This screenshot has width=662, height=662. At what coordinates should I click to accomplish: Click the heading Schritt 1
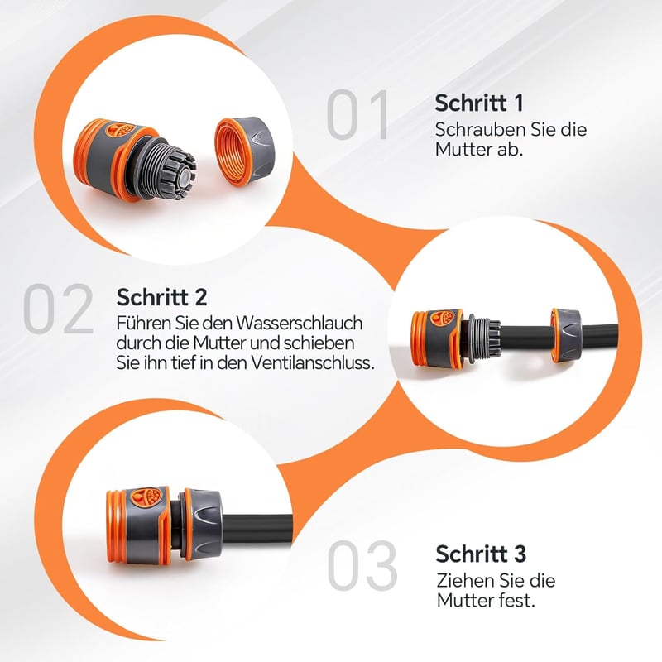(479, 103)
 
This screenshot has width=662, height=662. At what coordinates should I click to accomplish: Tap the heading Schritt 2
(161, 297)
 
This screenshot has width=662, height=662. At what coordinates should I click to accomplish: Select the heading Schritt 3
(481, 554)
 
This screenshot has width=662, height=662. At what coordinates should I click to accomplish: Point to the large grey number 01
(357, 114)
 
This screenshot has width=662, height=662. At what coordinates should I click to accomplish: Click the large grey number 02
(59, 309)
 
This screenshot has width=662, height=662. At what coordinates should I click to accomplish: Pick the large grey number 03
(362, 565)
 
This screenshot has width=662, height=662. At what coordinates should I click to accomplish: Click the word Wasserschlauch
(300, 324)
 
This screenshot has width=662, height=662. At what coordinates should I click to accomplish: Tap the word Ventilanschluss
(311, 362)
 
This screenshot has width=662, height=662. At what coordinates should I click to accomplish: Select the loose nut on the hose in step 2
(564, 336)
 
